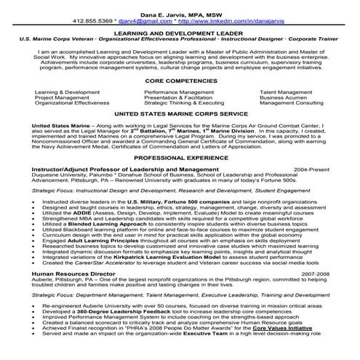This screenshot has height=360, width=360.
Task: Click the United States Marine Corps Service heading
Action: [x=180, y=115]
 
